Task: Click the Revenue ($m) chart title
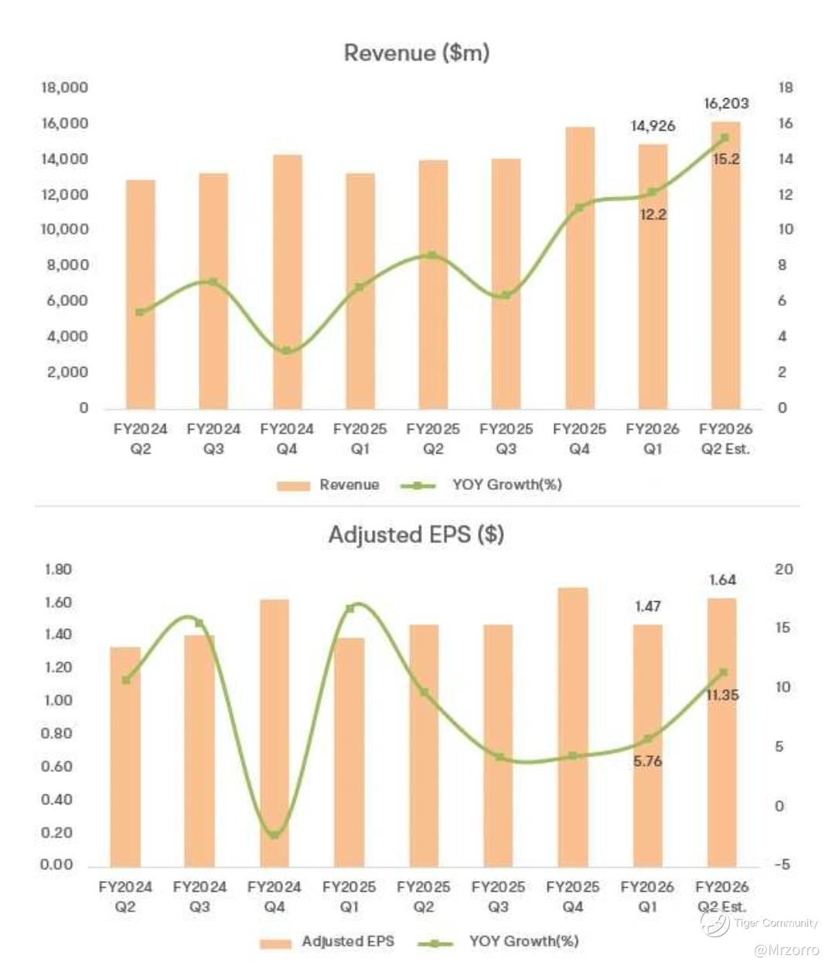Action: pos(417,53)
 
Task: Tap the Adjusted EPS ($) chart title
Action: pos(416,535)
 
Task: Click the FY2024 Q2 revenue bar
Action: pos(141,294)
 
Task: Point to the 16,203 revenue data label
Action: pos(726,104)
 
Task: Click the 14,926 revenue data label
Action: pos(653,126)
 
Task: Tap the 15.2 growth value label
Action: pos(726,159)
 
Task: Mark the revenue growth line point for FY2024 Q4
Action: pos(287,351)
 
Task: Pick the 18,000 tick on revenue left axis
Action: pos(64,88)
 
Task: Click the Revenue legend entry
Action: pos(349,485)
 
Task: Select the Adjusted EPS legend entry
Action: pos(347,941)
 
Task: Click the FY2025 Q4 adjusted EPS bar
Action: pos(573,726)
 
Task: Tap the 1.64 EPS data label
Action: pos(722,580)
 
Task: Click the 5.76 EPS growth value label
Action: pos(647,761)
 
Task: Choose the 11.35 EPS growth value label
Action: pos(722,695)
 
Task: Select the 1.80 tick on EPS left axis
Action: pos(56,570)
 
